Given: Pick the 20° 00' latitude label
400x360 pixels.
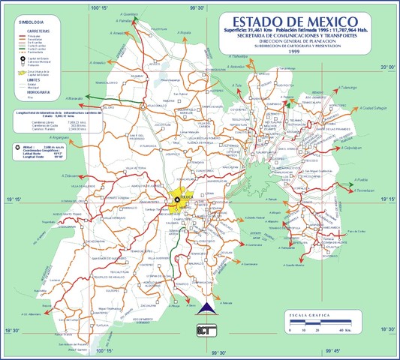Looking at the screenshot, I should (x=386, y=68).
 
